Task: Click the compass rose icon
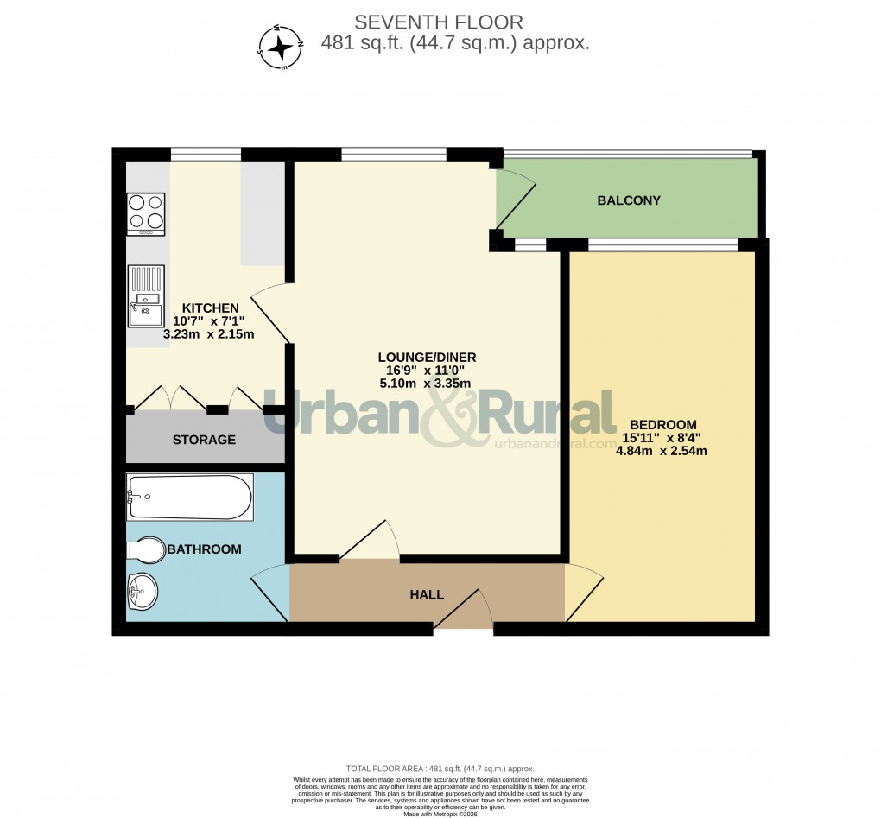click(x=280, y=46)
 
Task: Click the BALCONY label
click(x=629, y=200)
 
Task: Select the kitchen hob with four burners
click(x=146, y=213)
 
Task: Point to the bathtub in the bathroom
click(x=189, y=497)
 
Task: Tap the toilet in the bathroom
click(x=145, y=549)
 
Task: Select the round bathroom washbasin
click(x=143, y=593)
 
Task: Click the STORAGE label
click(x=204, y=440)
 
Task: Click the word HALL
click(x=427, y=594)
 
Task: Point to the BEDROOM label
click(x=662, y=424)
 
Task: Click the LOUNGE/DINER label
click(x=427, y=358)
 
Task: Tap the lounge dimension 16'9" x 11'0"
click(x=427, y=371)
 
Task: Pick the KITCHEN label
click(x=210, y=308)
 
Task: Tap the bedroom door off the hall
click(x=583, y=591)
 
